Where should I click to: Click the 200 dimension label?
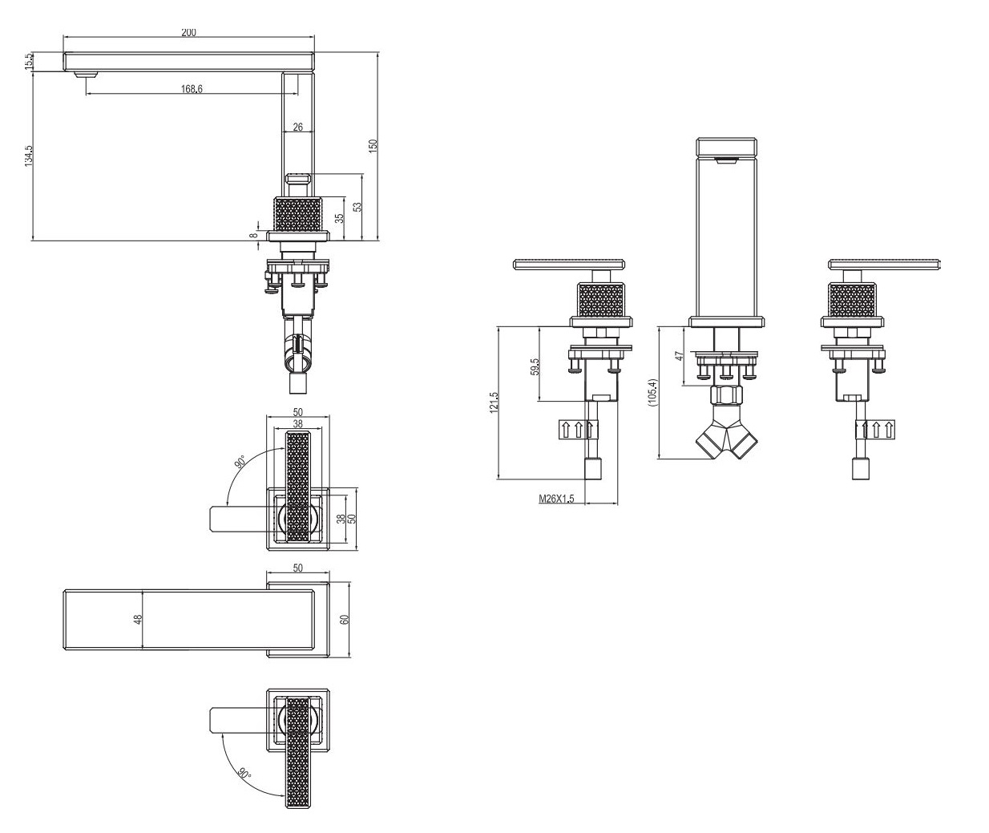[188, 32]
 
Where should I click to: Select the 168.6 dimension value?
[192, 89]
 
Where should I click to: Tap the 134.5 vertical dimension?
[28, 155]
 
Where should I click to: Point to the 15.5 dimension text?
[28, 62]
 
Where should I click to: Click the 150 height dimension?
[373, 145]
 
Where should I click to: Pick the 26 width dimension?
[297, 127]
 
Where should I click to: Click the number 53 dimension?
[357, 207]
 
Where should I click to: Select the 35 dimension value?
[339, 218]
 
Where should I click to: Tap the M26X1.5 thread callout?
[556, 499]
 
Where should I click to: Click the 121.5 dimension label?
[494, 402]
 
